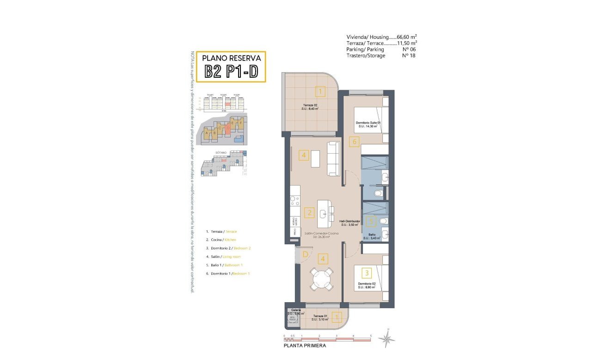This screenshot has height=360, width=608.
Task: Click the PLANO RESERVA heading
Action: coord(232,58)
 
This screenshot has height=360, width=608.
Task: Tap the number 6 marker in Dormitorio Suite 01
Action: coord(355,142)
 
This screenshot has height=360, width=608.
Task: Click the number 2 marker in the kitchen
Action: coord(309,213)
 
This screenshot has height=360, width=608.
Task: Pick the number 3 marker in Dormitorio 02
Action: coord(367,273)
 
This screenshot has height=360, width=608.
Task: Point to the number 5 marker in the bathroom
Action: coord(370,222)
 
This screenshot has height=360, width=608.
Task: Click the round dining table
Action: coord(321,279)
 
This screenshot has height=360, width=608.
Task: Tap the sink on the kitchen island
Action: coord(325,214)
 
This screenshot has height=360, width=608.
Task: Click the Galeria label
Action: coord(296,310)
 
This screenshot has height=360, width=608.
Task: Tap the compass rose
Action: coord(387,339)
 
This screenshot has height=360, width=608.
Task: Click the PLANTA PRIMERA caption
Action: coord(305,345)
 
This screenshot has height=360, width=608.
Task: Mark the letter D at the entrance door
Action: coord(305,254)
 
